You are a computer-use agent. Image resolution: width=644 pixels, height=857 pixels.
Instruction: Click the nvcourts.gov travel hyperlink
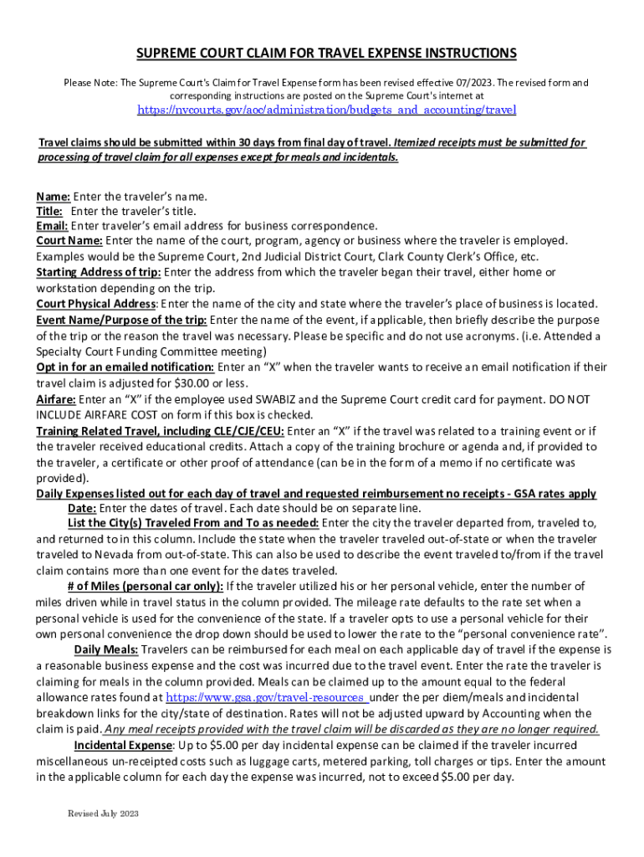pyautogui.click(x=326, y=110)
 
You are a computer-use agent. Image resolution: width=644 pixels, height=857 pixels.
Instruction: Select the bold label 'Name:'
pyautogui.click(x=53, y=197)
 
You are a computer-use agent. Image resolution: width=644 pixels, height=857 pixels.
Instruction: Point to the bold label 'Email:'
pyautogui.click(x=52, y=225)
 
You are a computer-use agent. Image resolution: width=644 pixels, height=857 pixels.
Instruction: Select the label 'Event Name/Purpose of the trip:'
pyautogui.click(x=121, y=320)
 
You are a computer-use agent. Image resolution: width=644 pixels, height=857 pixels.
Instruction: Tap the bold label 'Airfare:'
pyautogui.click(x=56, y=399)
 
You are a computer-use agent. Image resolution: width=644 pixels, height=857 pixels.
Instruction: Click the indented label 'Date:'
pyautogui.click(x=82, y=509)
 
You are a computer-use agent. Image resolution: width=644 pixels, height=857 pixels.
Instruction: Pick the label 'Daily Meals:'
pyautogui.click(x=106, y=649)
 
